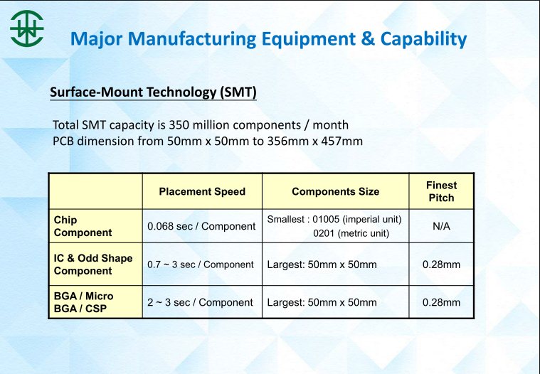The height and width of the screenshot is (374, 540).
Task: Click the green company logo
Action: [x=27, y=28]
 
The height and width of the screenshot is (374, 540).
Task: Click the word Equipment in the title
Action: [x=309, y=38]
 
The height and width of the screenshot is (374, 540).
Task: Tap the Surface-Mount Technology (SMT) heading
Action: [x=153, y=92]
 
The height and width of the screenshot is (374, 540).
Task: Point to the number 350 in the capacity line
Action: [x=179, y=124]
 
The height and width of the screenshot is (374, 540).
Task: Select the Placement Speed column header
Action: [x=202, y=191]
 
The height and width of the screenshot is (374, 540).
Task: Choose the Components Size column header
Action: [x=335, y=191]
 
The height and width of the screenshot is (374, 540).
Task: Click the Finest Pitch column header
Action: [x=442, y=191]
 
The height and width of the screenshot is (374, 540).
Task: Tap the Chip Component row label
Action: [x=83, y=226]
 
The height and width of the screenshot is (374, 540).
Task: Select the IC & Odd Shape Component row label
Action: [x=93, y=265]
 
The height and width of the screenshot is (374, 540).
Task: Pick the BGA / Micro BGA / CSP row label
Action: [x=84, y=302]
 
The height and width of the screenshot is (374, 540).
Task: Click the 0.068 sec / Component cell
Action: [x=201, y=226]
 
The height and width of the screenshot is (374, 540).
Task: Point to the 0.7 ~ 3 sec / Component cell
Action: [x=201, y=265]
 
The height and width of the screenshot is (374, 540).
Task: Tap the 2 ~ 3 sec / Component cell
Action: [x=200, y=302]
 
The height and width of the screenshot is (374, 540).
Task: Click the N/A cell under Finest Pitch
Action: [x=442, y=226]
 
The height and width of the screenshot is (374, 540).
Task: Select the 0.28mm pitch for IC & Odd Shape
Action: [x=442, y=265]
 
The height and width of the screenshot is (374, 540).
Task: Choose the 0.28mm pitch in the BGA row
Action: [x=442, y=302]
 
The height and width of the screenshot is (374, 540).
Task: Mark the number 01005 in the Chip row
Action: [x=326, y=219]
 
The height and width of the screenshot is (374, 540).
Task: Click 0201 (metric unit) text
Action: [x=351, y=233]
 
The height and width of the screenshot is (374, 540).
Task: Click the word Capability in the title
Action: [x=423, y=39]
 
